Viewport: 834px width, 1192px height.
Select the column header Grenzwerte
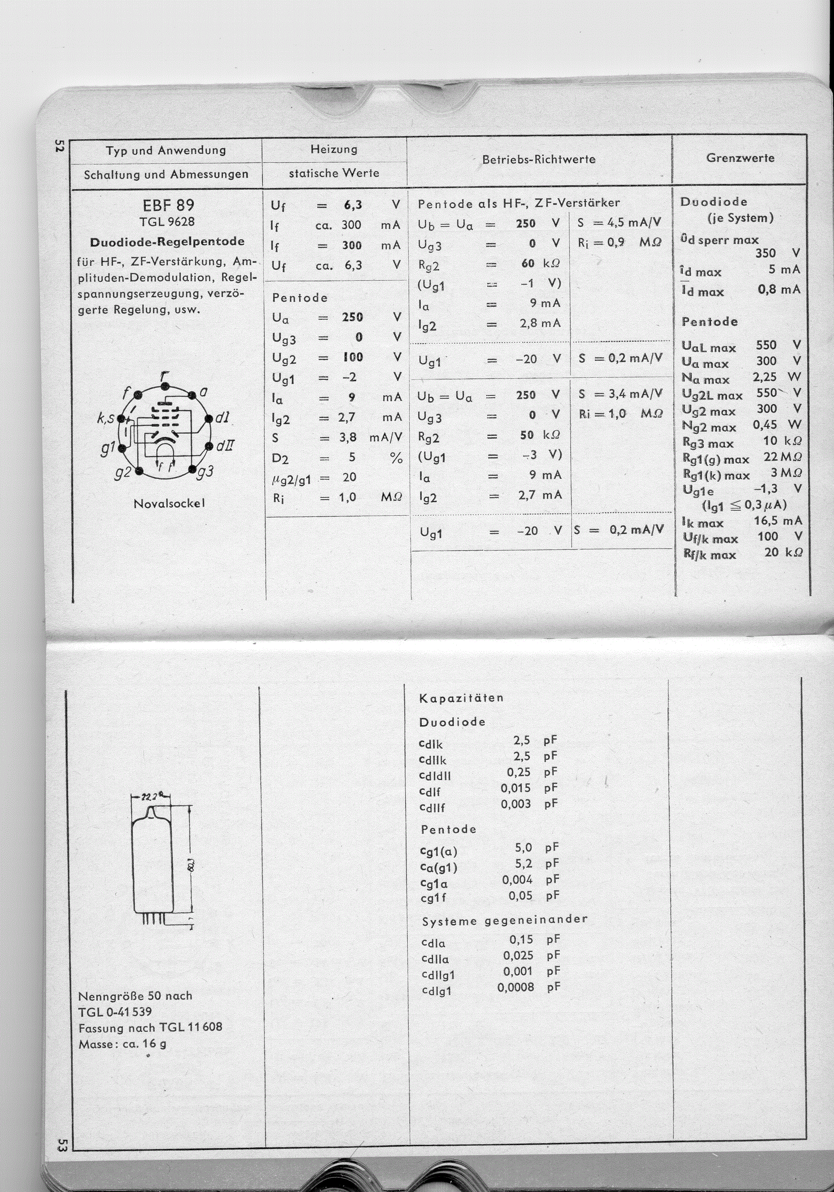coord(740,158)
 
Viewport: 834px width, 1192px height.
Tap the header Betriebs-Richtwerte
coord(538,159)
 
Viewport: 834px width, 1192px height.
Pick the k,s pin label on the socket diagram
coord(105,418)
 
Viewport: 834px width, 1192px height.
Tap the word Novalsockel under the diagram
coord(169,504)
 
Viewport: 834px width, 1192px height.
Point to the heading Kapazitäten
coord(461,698)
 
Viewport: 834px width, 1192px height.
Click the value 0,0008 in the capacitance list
coord(515,987)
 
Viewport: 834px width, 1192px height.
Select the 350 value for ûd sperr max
coord(765,253)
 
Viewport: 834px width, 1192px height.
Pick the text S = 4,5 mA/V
coord(619,223)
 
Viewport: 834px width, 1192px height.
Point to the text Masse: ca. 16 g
coord(122,1044)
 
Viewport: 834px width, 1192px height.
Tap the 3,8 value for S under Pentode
coord(348,438)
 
